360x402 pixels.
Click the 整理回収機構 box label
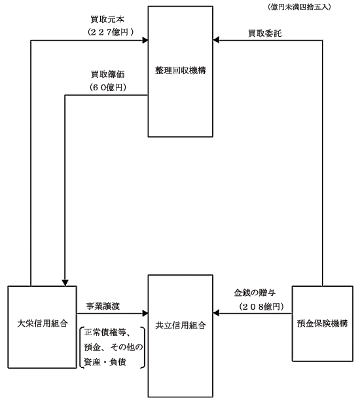(181, 70)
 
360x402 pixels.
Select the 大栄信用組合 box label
(43, 323)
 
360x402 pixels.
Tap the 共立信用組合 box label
(181, 325)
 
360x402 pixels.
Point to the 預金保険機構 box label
(323, 323)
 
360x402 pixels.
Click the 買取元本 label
(107, 19)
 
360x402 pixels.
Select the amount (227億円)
(111, 32)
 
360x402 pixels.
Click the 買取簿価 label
(108, 75)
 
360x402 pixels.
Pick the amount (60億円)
(108, 88)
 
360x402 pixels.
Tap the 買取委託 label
(264, 33)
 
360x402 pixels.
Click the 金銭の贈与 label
(255, 293)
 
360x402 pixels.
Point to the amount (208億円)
(261, 306)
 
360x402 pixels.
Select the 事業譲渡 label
(103, 306)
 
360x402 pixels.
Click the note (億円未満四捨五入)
(299, 7)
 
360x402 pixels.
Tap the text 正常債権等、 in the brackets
(108, 333)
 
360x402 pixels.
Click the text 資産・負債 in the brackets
(105, 362)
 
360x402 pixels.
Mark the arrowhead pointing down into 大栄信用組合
(65, 283)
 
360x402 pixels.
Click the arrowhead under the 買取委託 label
(216, 40)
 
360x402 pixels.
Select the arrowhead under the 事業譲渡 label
(145, 314)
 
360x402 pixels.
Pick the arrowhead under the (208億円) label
(216, 314)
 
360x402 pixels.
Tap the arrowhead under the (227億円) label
(145, 40)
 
